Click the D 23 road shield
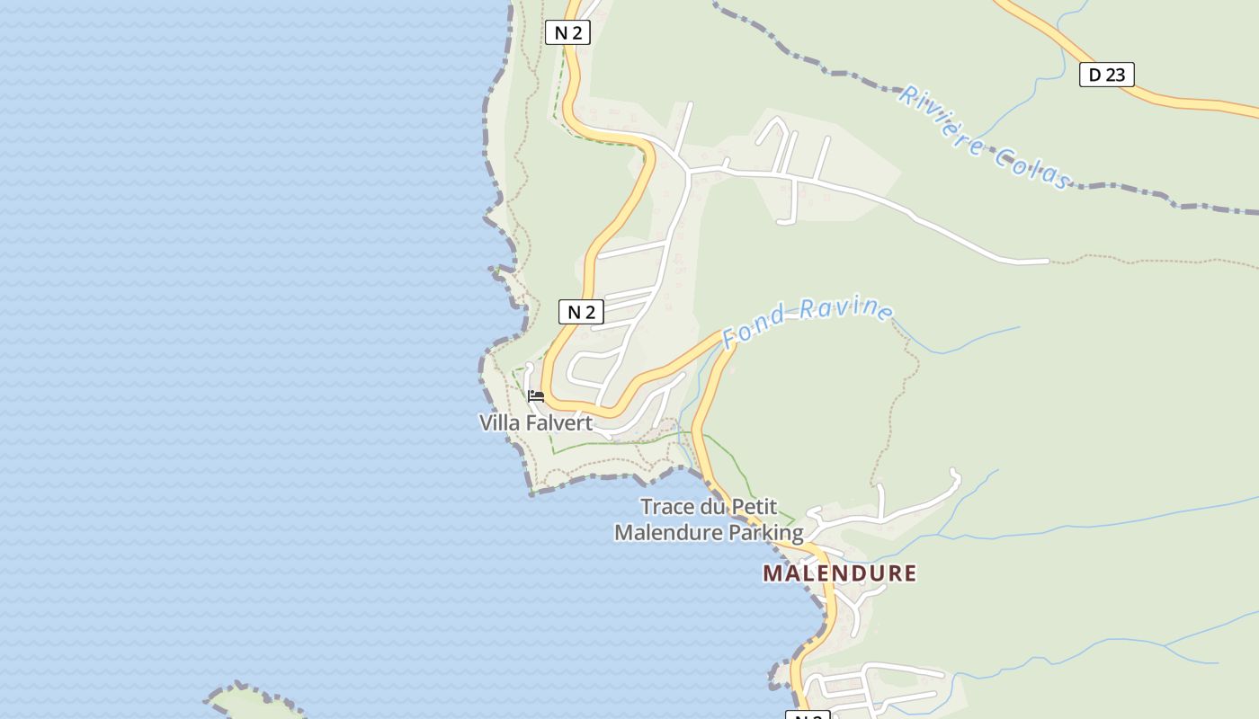click(x=1106, y=75)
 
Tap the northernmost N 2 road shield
click(x=567, y=33)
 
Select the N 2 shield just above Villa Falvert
click(x=581, y=312)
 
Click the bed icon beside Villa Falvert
click(x=536, y=396)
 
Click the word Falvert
click(x=559, y=422)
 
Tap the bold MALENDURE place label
click(x=840, y=573)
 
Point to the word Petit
click(x=754, y=507)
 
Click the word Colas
click(x=1032, y=168)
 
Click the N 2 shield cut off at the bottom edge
click(x=808, y=715)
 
